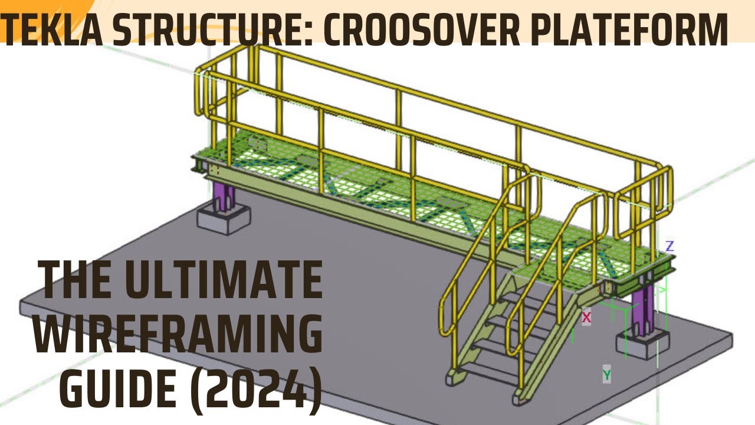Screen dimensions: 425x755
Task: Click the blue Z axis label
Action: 669,246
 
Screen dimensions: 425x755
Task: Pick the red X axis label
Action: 586,318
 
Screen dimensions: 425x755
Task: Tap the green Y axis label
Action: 606,374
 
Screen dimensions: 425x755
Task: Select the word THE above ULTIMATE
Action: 79,281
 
